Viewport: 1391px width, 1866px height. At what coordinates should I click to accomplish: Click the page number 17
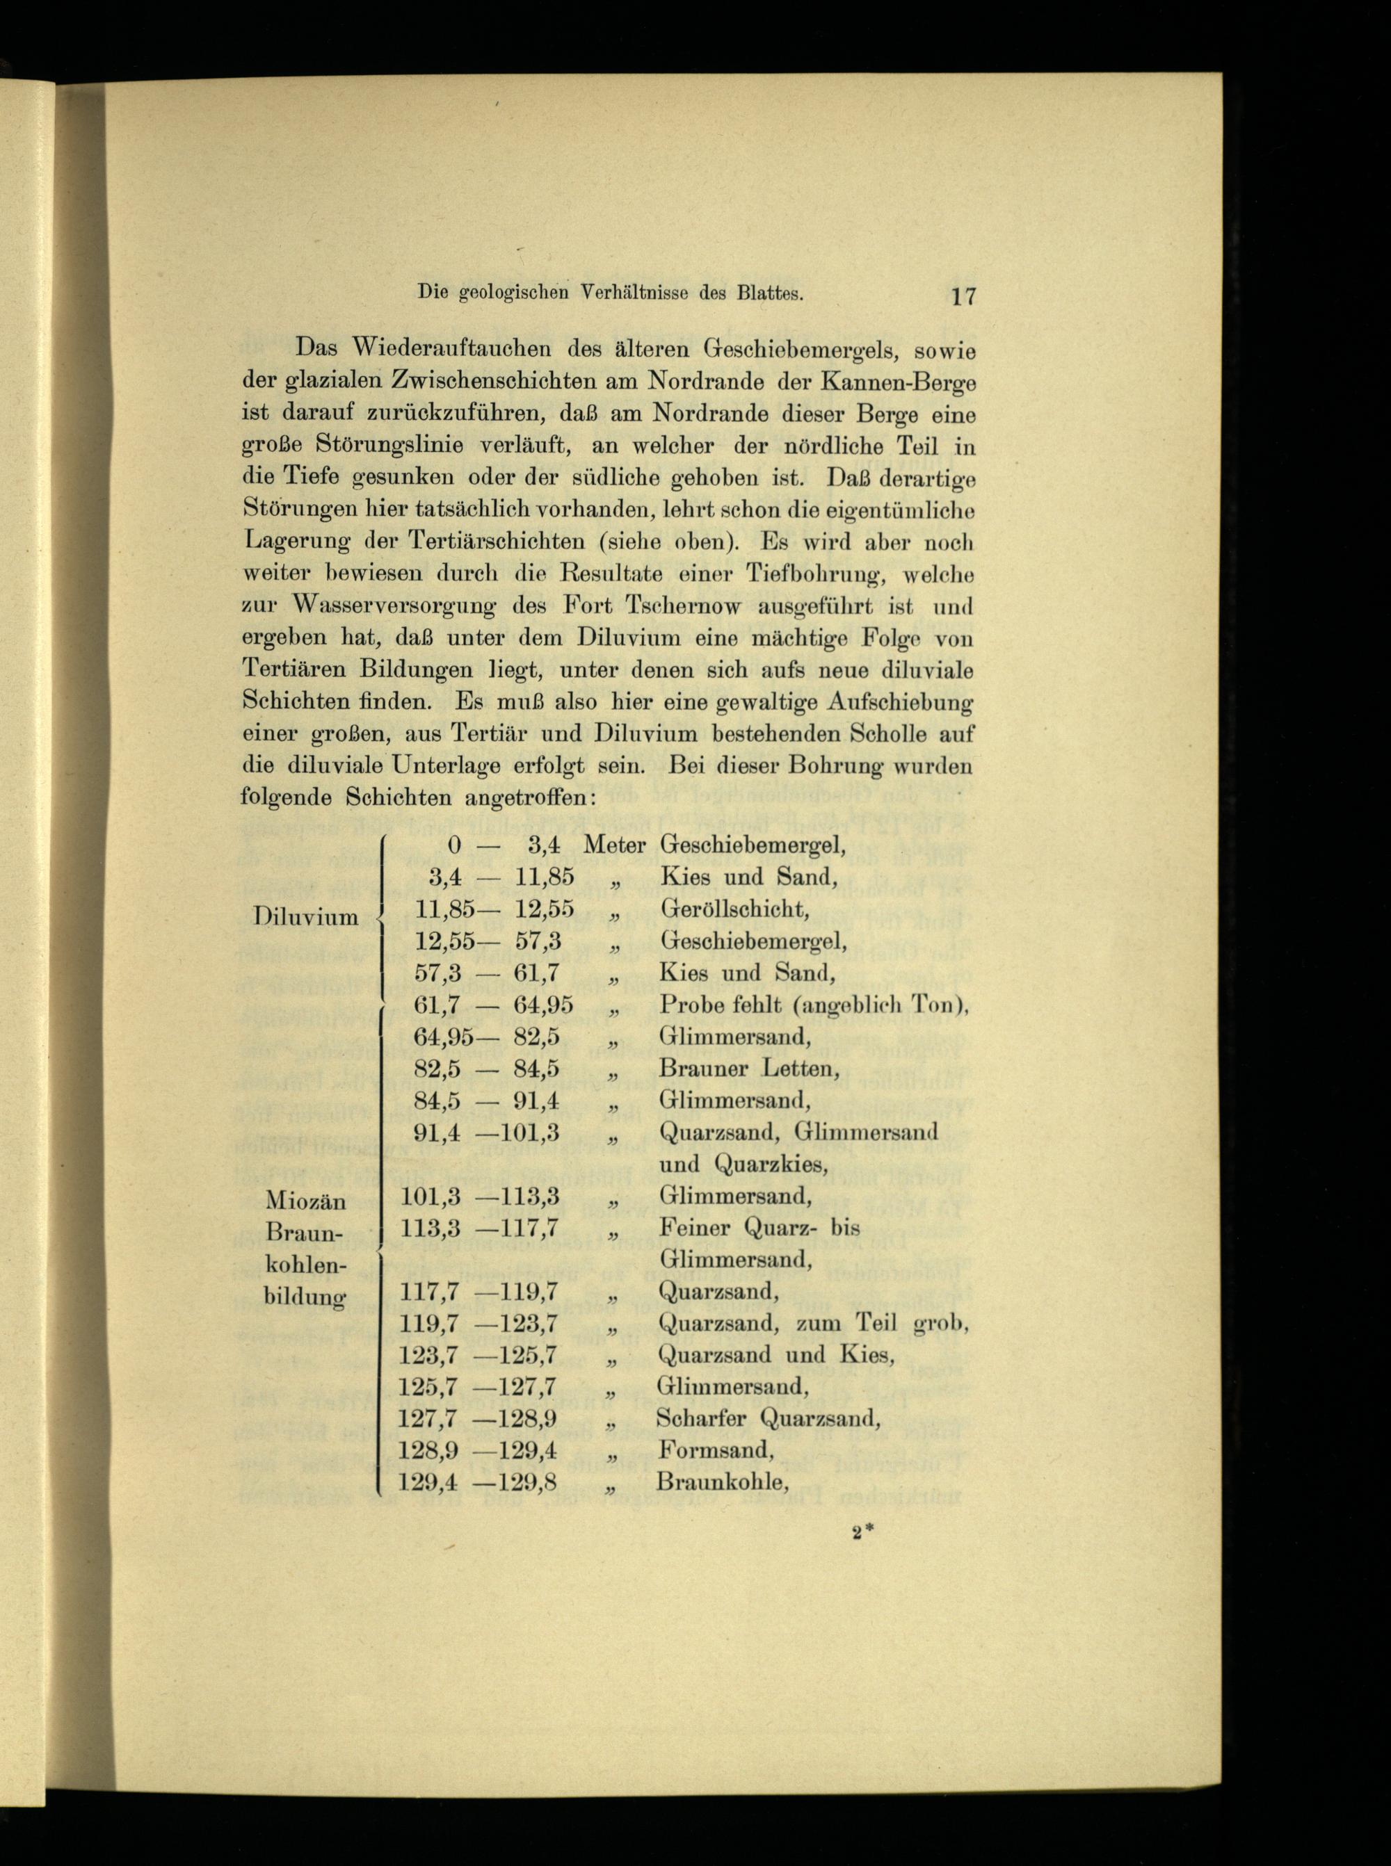pyautogui.click(x=963, y=296)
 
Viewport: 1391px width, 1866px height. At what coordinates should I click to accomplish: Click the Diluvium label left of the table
pyautogui.click(x=305, y=916)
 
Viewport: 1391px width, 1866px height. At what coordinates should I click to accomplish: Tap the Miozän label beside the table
pyautogui.click(x=305, y=1199)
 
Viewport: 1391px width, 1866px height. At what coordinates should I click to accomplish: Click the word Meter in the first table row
pyautogui.click(x=614, y=844)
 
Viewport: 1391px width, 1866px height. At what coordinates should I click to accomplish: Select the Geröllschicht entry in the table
pyautogui.click(x=734, y=909)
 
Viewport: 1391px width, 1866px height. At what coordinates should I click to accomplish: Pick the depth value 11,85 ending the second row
pyautogui.click(x=544, y=877)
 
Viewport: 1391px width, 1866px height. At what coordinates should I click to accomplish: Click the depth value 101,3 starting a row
pyautogui.click(x=429, y=1197)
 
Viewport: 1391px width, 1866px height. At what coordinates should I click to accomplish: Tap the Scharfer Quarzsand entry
pyautogui.click(x=768, y=1419)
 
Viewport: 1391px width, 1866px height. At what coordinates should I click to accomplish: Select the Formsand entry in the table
pyautogui.click(x=716, y=1451)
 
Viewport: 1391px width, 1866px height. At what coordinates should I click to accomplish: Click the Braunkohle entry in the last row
pyautogui.click(x=722, y=1482)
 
